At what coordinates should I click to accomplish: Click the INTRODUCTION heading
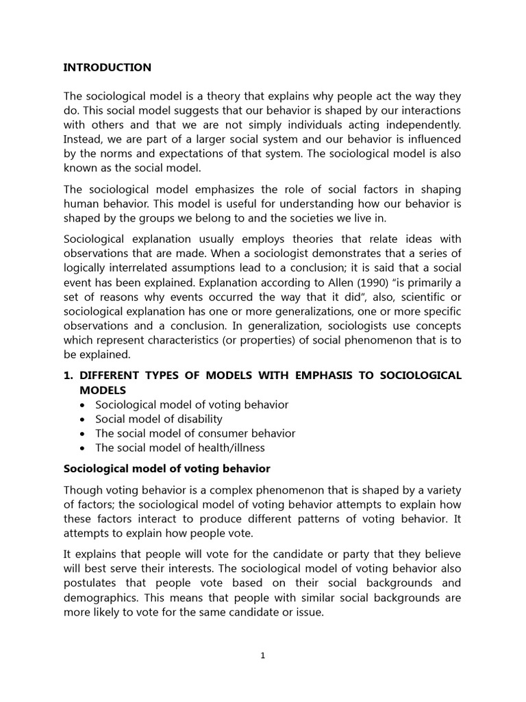click(x=107, y=67)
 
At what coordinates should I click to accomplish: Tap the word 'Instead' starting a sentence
click(x=83, y=140)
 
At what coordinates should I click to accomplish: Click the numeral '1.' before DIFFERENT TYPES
click(x=68, y=375)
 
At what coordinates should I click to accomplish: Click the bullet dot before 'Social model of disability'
click(x=83, y=419)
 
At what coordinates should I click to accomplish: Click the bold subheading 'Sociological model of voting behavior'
click(x=166, y=469)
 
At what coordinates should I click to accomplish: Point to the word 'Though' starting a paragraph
click(x=82, y=489)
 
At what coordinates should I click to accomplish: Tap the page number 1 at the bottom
click(x=263, y=655)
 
